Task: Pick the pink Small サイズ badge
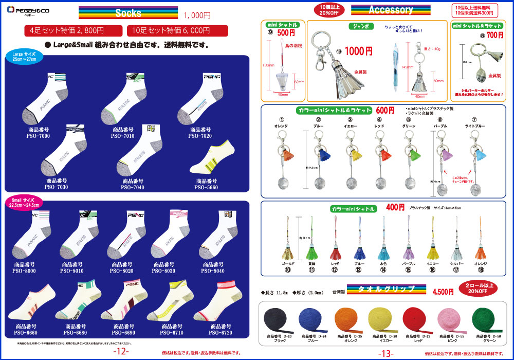(22, 202)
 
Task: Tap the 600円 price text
(385, 110)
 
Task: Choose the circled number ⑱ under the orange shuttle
(481, 269)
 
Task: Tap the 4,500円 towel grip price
(443, 292)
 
